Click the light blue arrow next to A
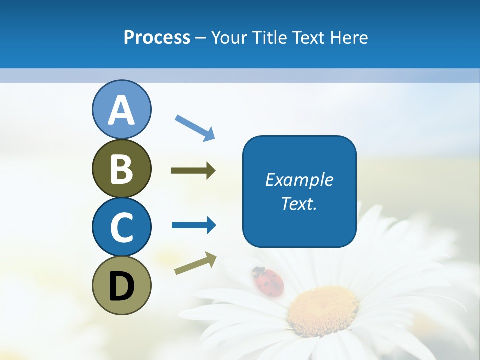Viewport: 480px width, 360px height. pyautogui.click(x=195, y=127)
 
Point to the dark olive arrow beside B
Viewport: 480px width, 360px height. pyautogui.click(x=193, y=171)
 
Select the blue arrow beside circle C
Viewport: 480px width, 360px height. pyautogui.click(x=194, y=225)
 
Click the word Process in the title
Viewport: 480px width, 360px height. pyautogui.click(x=157, y=38)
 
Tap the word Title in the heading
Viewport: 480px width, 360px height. pyautogui.click(x=268, y=38)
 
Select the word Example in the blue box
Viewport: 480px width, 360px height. pyautogui.click(x=299, y=180)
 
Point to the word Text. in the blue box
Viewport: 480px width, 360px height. pyautogui.click(x=299, y=203)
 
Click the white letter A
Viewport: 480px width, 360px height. pyautogui.click(x=121, y=111)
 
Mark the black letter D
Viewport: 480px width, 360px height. pyautogui.click(x=121, y=286)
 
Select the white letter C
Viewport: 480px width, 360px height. pyautogui.click(x=121, y=227)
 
